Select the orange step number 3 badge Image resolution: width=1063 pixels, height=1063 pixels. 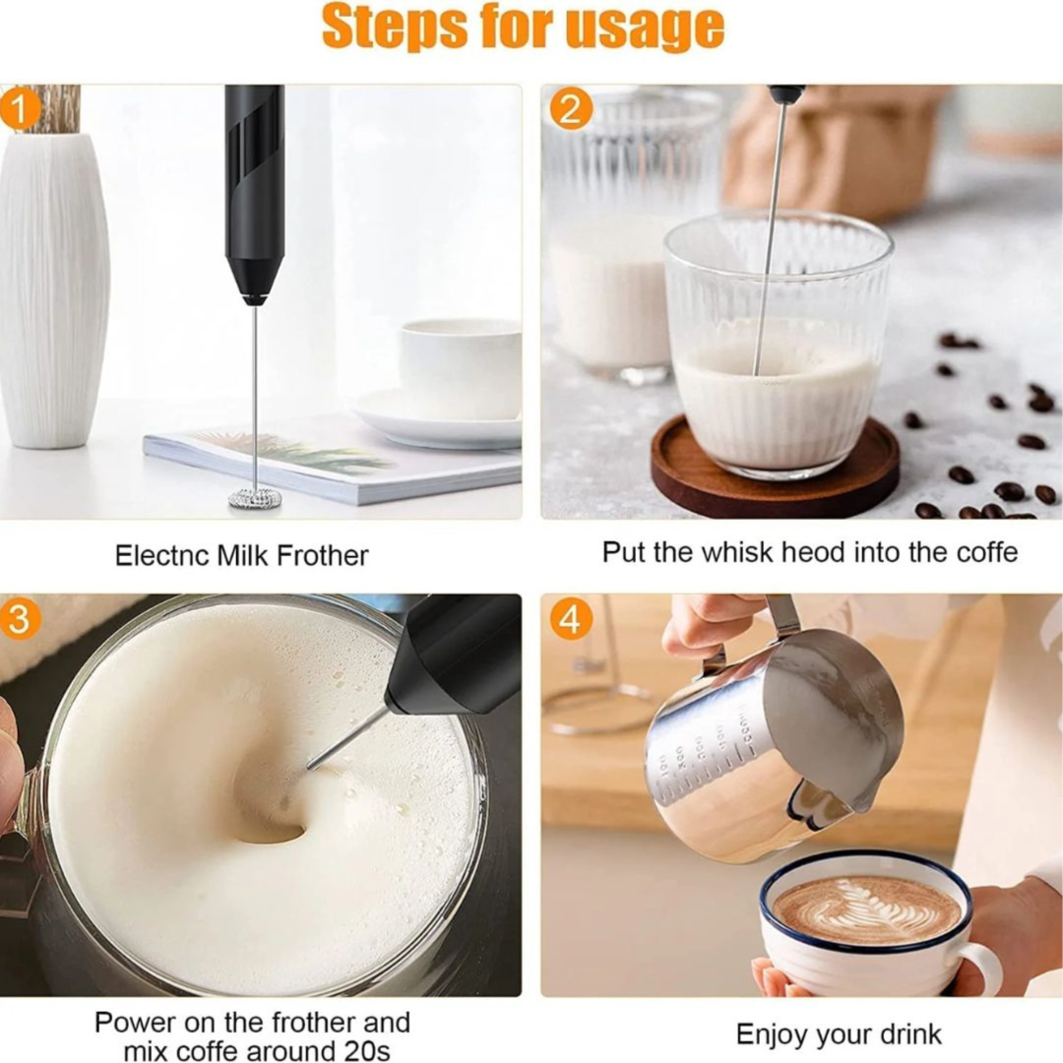(x=21, y=617)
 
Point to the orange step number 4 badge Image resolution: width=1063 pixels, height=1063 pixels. (x=570, y=618)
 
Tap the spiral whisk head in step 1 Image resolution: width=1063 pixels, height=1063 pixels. (x=255, y=498)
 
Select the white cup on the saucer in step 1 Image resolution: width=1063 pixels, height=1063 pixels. (x=460, y=369)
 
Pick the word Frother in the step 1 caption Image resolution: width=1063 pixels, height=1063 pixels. (x=323, y=556)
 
